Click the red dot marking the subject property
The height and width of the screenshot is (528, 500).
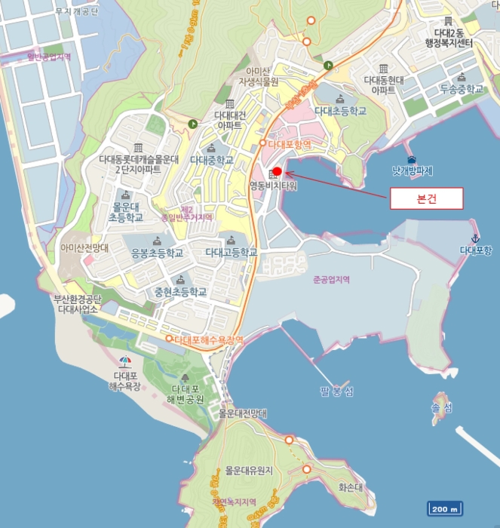point(277,170)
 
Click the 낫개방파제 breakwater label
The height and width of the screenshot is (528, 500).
point(413,171)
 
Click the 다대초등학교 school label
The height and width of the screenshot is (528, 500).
point(340,111)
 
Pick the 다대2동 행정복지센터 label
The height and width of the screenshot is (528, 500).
point(454,38)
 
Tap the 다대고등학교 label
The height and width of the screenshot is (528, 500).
point(231,252)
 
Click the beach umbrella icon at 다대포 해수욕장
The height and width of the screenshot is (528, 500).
point(125,361)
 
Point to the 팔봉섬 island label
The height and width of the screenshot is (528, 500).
point(336,390)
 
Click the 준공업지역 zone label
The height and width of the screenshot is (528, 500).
point(333,279)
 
